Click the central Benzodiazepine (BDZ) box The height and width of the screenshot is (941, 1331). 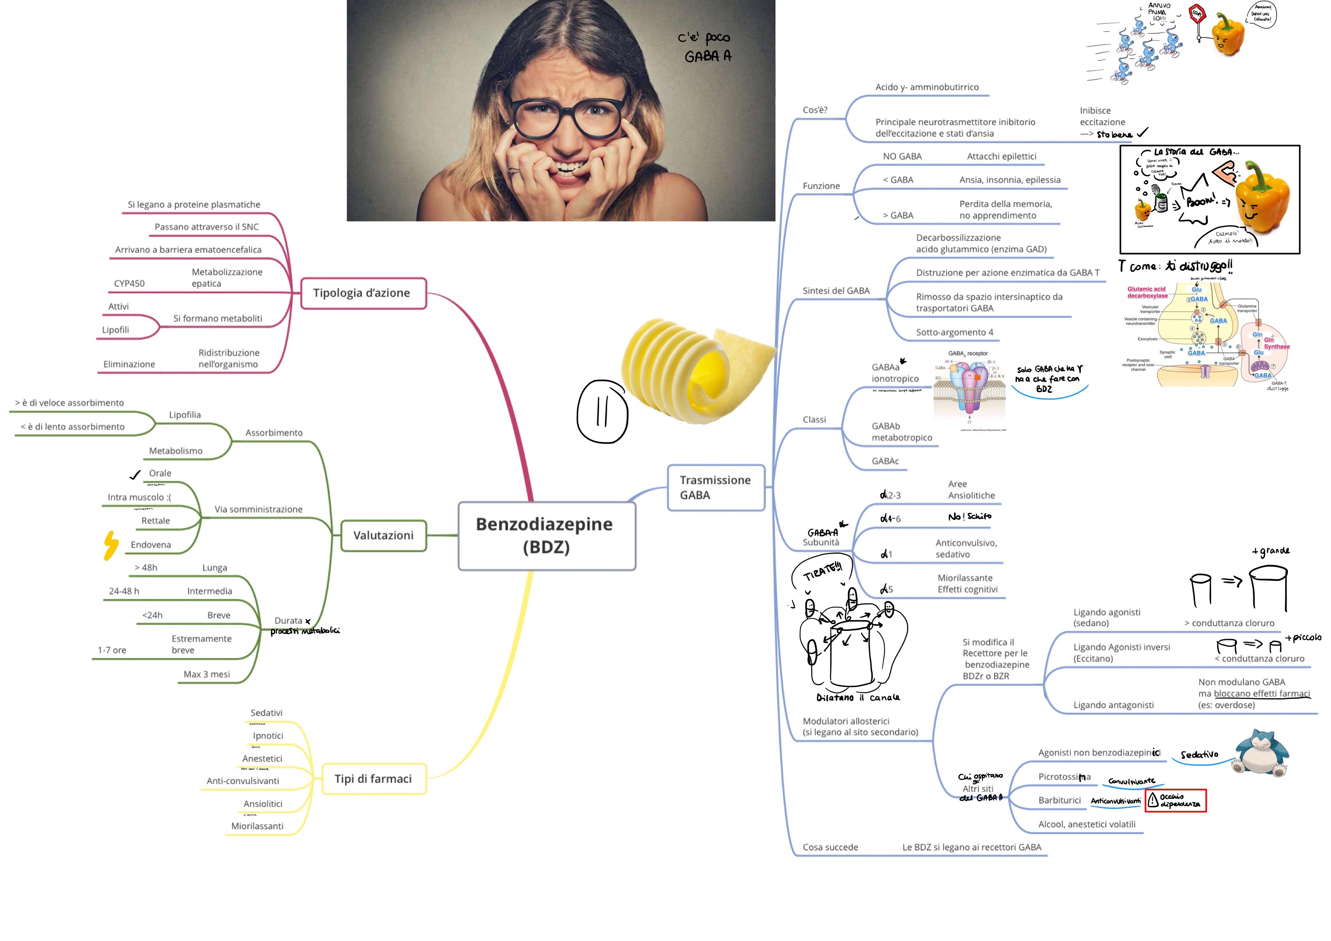pos(546,535)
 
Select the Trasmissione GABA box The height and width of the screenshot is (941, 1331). pos(716,488)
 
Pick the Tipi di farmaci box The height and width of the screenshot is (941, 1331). pos(374,779)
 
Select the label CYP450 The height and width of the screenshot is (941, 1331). pos(129,283)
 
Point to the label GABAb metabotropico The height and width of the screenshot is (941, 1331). pos(901,432)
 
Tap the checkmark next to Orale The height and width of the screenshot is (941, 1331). pos(135,475)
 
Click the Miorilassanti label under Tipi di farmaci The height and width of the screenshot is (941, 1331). pos(257,826)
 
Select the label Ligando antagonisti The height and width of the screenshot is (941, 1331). pos(1113,705)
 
